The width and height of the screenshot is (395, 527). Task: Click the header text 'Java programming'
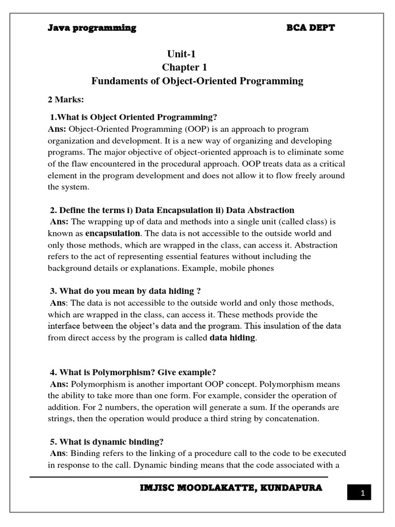click(x=92, y=28)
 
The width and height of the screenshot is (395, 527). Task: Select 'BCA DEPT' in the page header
click(x=310, y=28)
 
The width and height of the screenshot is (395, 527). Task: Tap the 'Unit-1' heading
click(x=181, y=54)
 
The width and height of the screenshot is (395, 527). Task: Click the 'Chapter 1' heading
click(x=181, y=67)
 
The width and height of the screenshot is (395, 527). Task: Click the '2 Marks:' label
click(x=65, y=99)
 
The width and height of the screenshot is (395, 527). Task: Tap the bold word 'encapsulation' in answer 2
click(x=112, y=233)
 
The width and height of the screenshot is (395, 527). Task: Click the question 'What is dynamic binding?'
click(x=112, y=442)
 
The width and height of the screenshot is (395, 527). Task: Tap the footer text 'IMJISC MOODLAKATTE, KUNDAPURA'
click(x=231, y=488)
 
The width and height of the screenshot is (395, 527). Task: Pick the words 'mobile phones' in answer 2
click(x=249, y=268)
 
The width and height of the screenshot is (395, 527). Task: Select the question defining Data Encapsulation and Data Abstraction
click(x=172, y=210)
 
